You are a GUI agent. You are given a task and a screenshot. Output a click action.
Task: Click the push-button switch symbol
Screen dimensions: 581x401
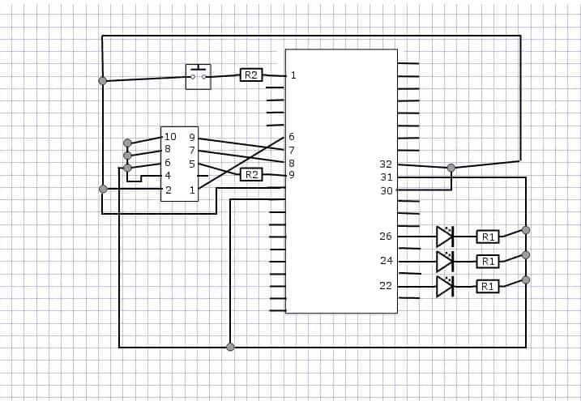(199, 77)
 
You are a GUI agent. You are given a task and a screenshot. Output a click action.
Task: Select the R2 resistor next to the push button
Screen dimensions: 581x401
(251, 75)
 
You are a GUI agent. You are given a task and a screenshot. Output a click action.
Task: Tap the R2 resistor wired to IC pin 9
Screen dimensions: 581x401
(251, 174)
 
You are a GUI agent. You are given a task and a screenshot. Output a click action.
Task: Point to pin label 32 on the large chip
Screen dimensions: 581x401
(386, 164)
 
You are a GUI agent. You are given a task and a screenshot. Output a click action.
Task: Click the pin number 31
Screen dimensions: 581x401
(386, 177)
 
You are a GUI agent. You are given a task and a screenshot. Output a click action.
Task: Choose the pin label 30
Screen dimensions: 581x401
(386, 190)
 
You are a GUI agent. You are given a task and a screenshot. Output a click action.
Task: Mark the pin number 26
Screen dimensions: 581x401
(386, 236)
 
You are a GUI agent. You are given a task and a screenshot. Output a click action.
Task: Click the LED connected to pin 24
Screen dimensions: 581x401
(445, 262)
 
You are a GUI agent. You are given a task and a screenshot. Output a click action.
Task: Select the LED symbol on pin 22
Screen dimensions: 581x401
(445, 287)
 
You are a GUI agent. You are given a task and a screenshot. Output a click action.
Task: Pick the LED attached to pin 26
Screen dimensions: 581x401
(445, 237)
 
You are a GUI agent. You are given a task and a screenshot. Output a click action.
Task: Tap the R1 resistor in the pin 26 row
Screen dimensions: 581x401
(488, 237)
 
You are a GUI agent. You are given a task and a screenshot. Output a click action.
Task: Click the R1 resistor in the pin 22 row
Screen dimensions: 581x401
(488, 286)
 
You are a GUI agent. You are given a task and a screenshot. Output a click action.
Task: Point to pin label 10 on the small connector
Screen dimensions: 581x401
(170, 137)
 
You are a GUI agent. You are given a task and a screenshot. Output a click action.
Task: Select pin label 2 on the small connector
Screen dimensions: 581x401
(169, 190)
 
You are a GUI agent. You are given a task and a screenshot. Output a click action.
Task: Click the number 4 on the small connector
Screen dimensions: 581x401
(168, 176)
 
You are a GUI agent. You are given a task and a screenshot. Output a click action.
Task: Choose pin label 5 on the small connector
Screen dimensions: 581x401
(191, 164)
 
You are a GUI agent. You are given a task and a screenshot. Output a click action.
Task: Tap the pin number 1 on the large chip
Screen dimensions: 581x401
(293, 75)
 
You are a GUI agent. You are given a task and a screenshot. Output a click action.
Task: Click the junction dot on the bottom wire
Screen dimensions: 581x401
(230, 347)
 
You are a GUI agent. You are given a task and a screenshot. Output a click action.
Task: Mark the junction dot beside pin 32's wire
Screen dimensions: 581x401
(451, 168)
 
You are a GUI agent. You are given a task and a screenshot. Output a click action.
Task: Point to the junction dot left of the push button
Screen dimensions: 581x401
(103, 81)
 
